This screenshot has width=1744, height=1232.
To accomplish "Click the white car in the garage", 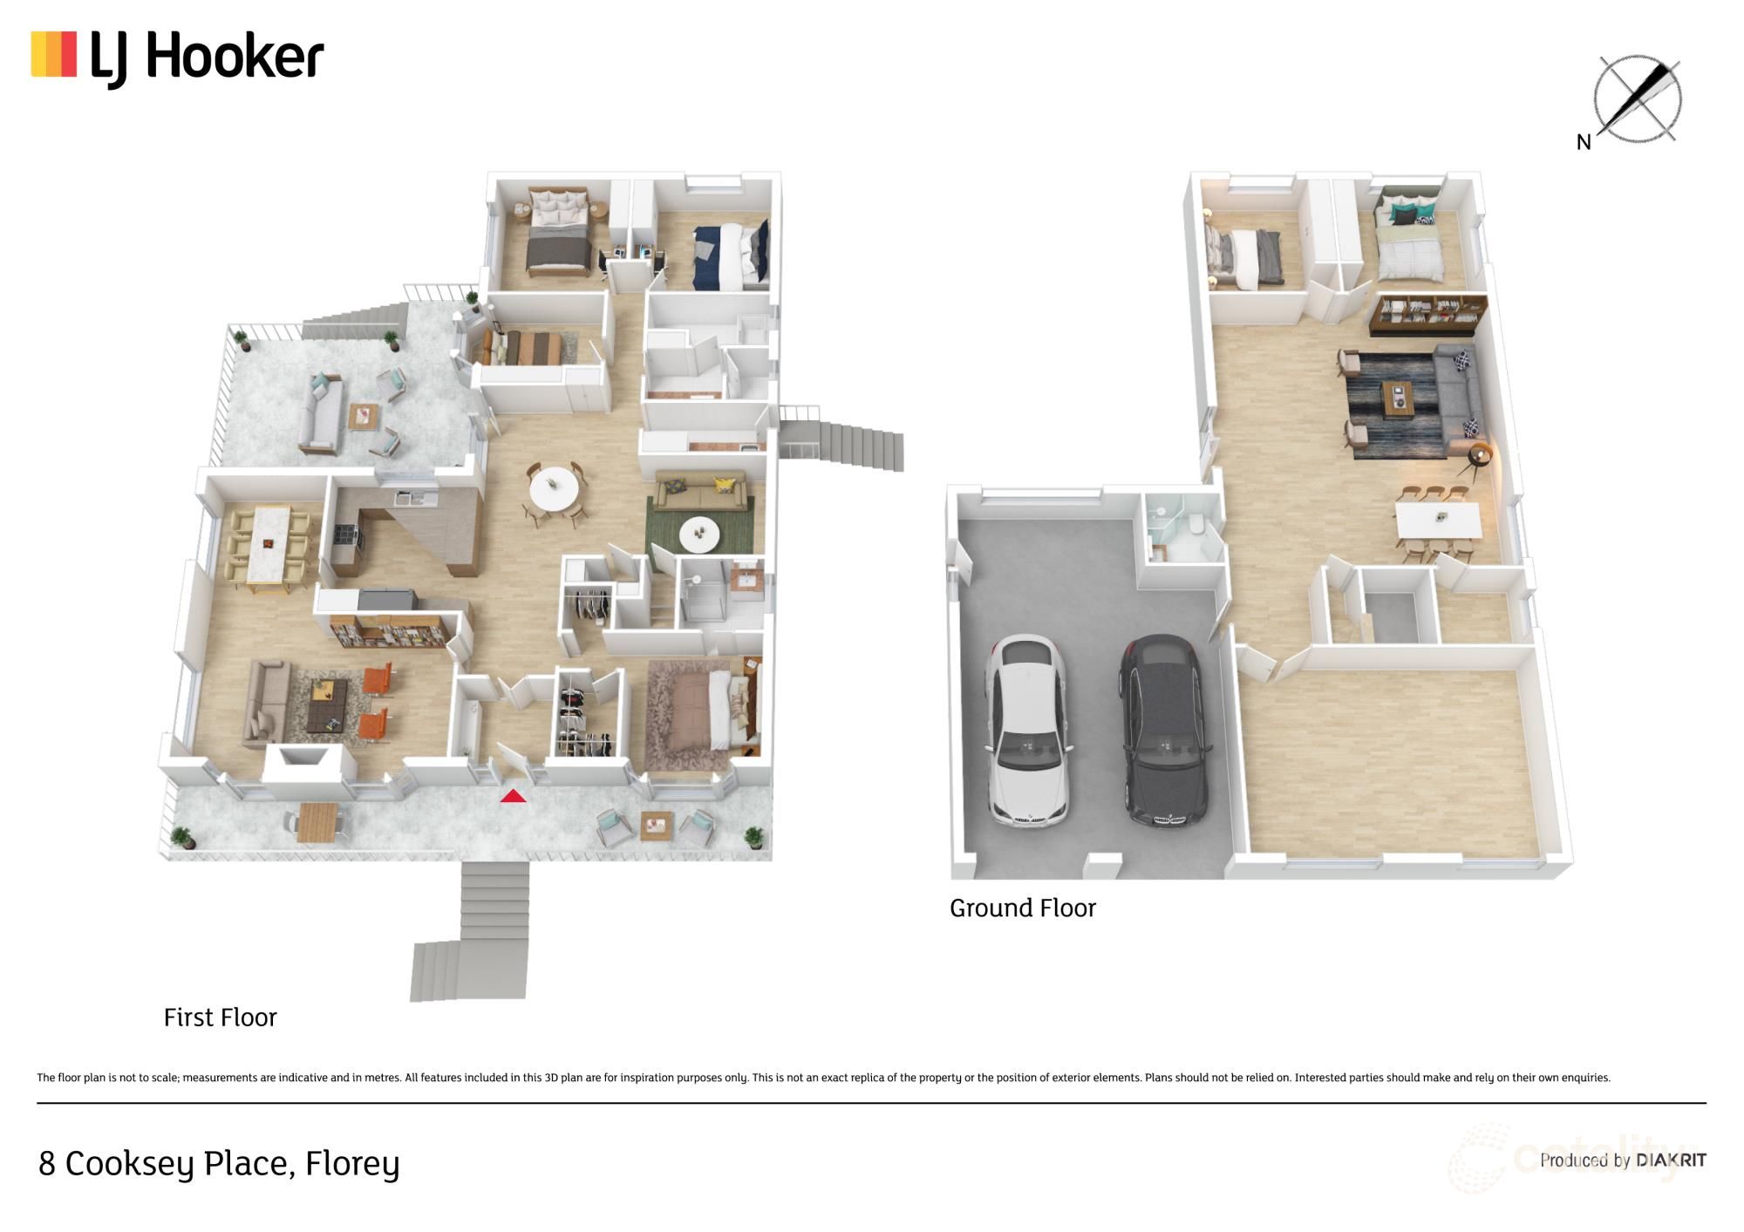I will tap(1026, 731).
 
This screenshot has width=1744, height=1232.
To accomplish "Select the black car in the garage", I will tap(1166, 731).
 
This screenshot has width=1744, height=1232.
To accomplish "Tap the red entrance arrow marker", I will tap(513, 795).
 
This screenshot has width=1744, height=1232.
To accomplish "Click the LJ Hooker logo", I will tap(178, 58).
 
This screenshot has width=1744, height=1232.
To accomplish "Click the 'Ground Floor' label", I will tap(1022, 909).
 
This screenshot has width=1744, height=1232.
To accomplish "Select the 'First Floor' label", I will tap(220, 1018).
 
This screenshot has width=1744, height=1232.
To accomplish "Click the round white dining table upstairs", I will tap(553, 493).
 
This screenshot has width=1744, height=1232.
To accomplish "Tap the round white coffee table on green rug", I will tap(699, 534).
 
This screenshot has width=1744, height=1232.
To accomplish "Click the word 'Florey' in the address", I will tap(351, 1164).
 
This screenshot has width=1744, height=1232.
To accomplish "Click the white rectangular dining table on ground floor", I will tap(1438, 521).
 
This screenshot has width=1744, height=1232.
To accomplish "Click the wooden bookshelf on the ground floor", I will tap(1427, 316).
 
